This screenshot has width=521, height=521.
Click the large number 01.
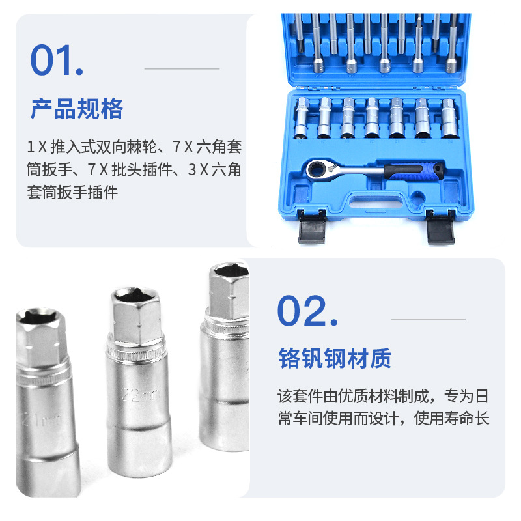point(57,60)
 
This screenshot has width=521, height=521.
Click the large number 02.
point(307,311)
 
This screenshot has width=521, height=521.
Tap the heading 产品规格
point(77,109)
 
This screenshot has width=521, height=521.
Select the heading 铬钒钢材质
point(335,358)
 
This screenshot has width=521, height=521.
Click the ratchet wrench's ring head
point(318,170)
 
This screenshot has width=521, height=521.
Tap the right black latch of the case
point(441,227)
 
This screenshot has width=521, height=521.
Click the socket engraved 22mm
point(138,382)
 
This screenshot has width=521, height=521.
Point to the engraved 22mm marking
point(140,395)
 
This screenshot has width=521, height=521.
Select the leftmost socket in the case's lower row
point(302,118)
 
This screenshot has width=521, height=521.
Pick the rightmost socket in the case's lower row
point(448,118)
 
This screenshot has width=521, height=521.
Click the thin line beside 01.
point(182,69)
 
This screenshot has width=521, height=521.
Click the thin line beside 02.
point(428,320)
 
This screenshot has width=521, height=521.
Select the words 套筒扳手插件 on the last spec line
point(72,192)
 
